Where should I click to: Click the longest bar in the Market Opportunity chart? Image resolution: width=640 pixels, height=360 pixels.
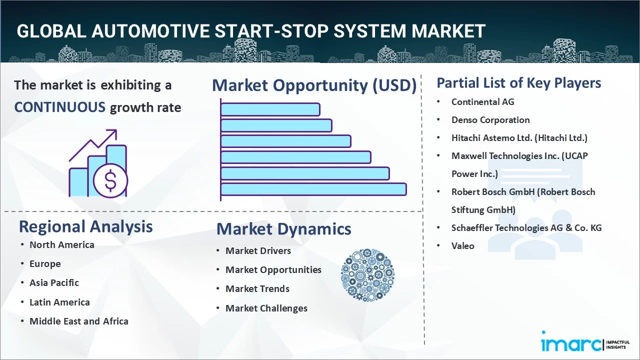tap(313, 189)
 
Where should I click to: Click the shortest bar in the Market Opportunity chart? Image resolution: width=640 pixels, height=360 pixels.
tap(270, 109)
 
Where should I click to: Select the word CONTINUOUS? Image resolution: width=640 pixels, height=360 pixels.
tap(59, 107)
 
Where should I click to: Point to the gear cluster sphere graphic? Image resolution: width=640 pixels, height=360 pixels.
tap(367, 275)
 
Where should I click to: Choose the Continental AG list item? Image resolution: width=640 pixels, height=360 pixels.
tap(482, 102)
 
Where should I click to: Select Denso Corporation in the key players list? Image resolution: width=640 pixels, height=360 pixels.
tap(490, 120)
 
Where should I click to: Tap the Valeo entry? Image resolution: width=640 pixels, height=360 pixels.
tap(462, 246)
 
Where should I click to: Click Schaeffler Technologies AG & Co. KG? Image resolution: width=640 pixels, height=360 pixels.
tap(526, 228)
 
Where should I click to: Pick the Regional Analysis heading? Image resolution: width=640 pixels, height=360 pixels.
tap(85, 226)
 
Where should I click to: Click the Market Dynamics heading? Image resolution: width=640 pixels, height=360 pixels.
tap(283, 229)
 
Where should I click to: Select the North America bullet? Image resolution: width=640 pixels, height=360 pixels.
tap(61, 245)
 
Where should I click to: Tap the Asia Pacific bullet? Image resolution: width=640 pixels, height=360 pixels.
tap(54, 283)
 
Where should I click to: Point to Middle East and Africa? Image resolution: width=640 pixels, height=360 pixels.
tap(78, 321)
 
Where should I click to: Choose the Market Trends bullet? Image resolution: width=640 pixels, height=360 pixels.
tap(257, 289)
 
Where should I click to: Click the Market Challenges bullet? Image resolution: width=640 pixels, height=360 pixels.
tap(266, 308)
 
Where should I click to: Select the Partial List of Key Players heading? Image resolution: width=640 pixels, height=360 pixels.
tap(518, 83)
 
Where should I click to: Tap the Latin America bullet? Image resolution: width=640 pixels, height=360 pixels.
tap(59, 302)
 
